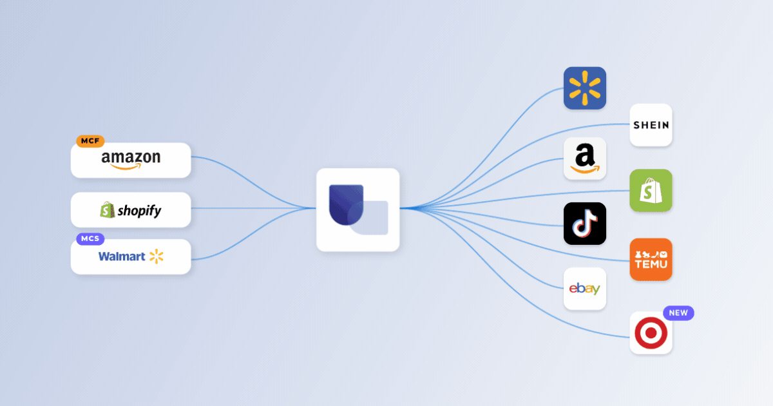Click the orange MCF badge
coord(90,141)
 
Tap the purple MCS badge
coord(90,238)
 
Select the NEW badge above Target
coord(678,313)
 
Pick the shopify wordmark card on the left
coord(131,209)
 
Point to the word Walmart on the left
coord(122,256)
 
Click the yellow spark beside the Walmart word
coord(157,256)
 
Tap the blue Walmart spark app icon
coord(585,88)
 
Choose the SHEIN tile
coord(651,125)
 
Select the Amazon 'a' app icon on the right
coord(585,159)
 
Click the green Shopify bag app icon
coord(651,190)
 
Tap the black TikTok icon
coord(585,224)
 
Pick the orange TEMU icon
coord(651,259)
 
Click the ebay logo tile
coord(585,289)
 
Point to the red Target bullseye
coord(651,333)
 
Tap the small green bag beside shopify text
coord(108,210)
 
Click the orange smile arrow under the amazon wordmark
coord(126,167)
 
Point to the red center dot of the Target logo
coord(651,333)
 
